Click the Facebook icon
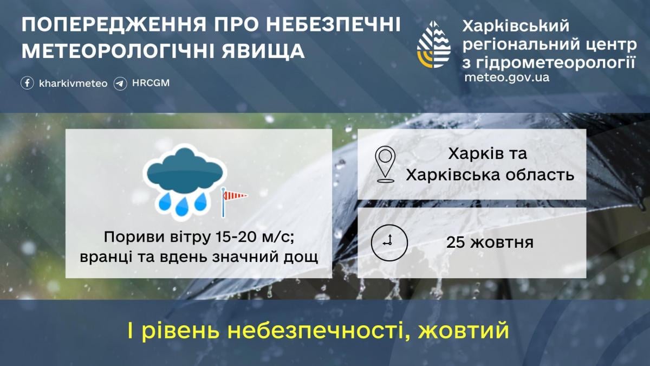[x=27, y=83]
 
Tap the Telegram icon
[x=120, y=84]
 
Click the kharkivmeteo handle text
[x=73, y=84]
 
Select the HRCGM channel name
[x=151, y=83]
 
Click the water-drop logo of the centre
[x=433, y=44]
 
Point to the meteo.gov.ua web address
[x=507, y=78]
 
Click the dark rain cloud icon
[x=185, y=170]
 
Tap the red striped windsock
[x=234, y=196]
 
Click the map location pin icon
[x=385, y=164]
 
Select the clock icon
[x=389, y=242]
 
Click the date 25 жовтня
[x=490, y=242]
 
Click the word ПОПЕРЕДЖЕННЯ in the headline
[x=114, y=25]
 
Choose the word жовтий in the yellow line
[x=464, y=331]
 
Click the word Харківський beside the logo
[x=516, y=27]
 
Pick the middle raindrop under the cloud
[x=181, y=206]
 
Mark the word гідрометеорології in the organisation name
[x=557, y=62]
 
